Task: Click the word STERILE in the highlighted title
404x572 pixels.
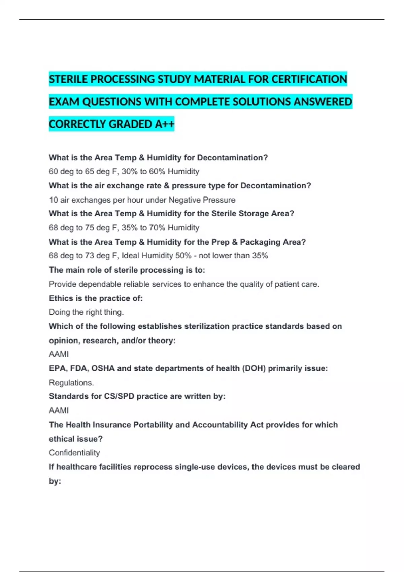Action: coord(68,79)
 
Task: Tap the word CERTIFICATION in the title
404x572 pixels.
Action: coord(309,79)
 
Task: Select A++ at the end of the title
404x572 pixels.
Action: coord(165,124)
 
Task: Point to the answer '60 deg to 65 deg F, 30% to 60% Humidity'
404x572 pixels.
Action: coord(124,172)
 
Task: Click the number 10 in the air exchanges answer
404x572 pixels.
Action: coord(53,200)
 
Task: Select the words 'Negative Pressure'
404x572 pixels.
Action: coord(202,200)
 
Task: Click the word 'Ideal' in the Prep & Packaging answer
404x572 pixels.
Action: coord(130,256)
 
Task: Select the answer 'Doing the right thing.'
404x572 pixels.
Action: coord(86,312)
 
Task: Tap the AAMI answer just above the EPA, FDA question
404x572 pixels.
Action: coord(59,354)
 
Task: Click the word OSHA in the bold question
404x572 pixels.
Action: coord(103,368)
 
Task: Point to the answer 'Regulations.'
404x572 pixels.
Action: coord(71,383)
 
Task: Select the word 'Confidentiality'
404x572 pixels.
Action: coord(74,453)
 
